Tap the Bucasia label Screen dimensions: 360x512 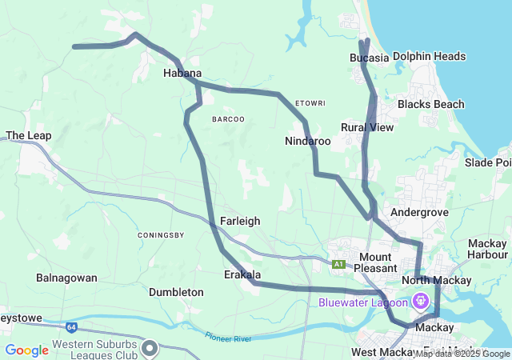pos(369,58)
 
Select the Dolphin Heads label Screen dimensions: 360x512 pos(430,57)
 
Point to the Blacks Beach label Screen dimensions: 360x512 pos(430,105)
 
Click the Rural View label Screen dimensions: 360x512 pos(367,127)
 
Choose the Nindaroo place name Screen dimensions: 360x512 pos(307,141)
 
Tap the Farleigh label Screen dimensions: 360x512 pos(239,221)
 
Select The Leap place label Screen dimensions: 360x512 pos(29,135)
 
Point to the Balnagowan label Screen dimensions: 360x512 pos(66,278)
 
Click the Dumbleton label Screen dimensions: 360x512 pos(176,292)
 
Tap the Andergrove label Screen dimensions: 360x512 pos(417,212)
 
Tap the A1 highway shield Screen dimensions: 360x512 pos(339,263)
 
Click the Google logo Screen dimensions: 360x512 pos(27,350)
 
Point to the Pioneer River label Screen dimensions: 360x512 pos(228,338)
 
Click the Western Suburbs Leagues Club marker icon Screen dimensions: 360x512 pos(150,347)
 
